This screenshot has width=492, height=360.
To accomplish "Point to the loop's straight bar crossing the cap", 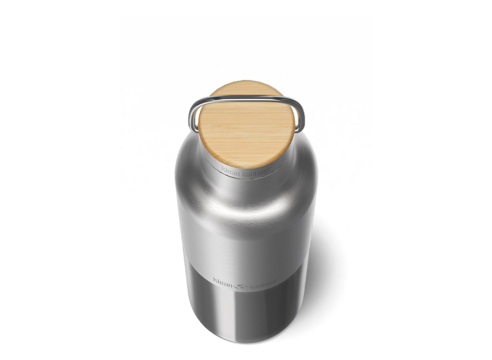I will coord(246,98).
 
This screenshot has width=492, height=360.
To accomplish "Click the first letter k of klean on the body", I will coord(215,280).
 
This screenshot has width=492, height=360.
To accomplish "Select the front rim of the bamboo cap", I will coord(246,165).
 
